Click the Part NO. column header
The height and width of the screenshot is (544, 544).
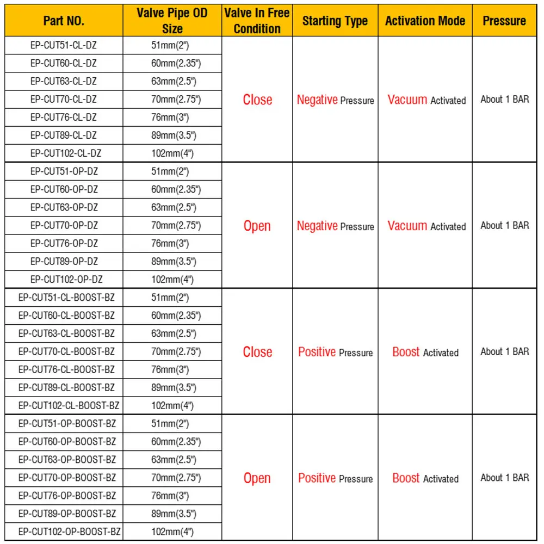[x=64, y=21]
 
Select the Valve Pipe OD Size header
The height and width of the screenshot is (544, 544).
[x=172, y=21]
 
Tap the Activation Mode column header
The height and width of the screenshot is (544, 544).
[x=425, y=21]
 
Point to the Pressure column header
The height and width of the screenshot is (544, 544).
[x=504, y=21]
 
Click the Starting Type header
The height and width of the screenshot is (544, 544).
[x=335, y=21]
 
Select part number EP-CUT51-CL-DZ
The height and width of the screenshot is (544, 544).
[x=64, y=46]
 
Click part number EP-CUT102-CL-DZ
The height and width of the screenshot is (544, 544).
[x=64, y=153]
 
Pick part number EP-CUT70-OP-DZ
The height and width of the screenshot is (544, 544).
[x=64, y=225]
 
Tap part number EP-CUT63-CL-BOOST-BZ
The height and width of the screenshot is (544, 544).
[x=66, y=333]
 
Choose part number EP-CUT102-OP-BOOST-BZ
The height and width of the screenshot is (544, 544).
[x=69, y=531]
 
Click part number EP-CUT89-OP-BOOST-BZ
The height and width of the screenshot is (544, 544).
[x=67, y=514]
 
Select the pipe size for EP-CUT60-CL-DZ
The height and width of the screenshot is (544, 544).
[x=176, y=64]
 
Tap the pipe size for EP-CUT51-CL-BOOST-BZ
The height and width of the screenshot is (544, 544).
[x=170, y=298]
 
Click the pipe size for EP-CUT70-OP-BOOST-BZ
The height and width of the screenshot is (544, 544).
[x=176, y=478]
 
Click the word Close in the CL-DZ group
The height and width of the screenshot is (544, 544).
[x=257, y=100]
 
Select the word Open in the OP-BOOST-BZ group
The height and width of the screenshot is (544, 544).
[x=257, y=479]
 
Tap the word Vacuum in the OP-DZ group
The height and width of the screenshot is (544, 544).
[x=407, y=226]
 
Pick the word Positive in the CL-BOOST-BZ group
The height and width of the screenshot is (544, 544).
[x=317, y=352]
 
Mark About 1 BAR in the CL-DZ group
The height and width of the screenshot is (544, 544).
[x=504, y=100]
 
